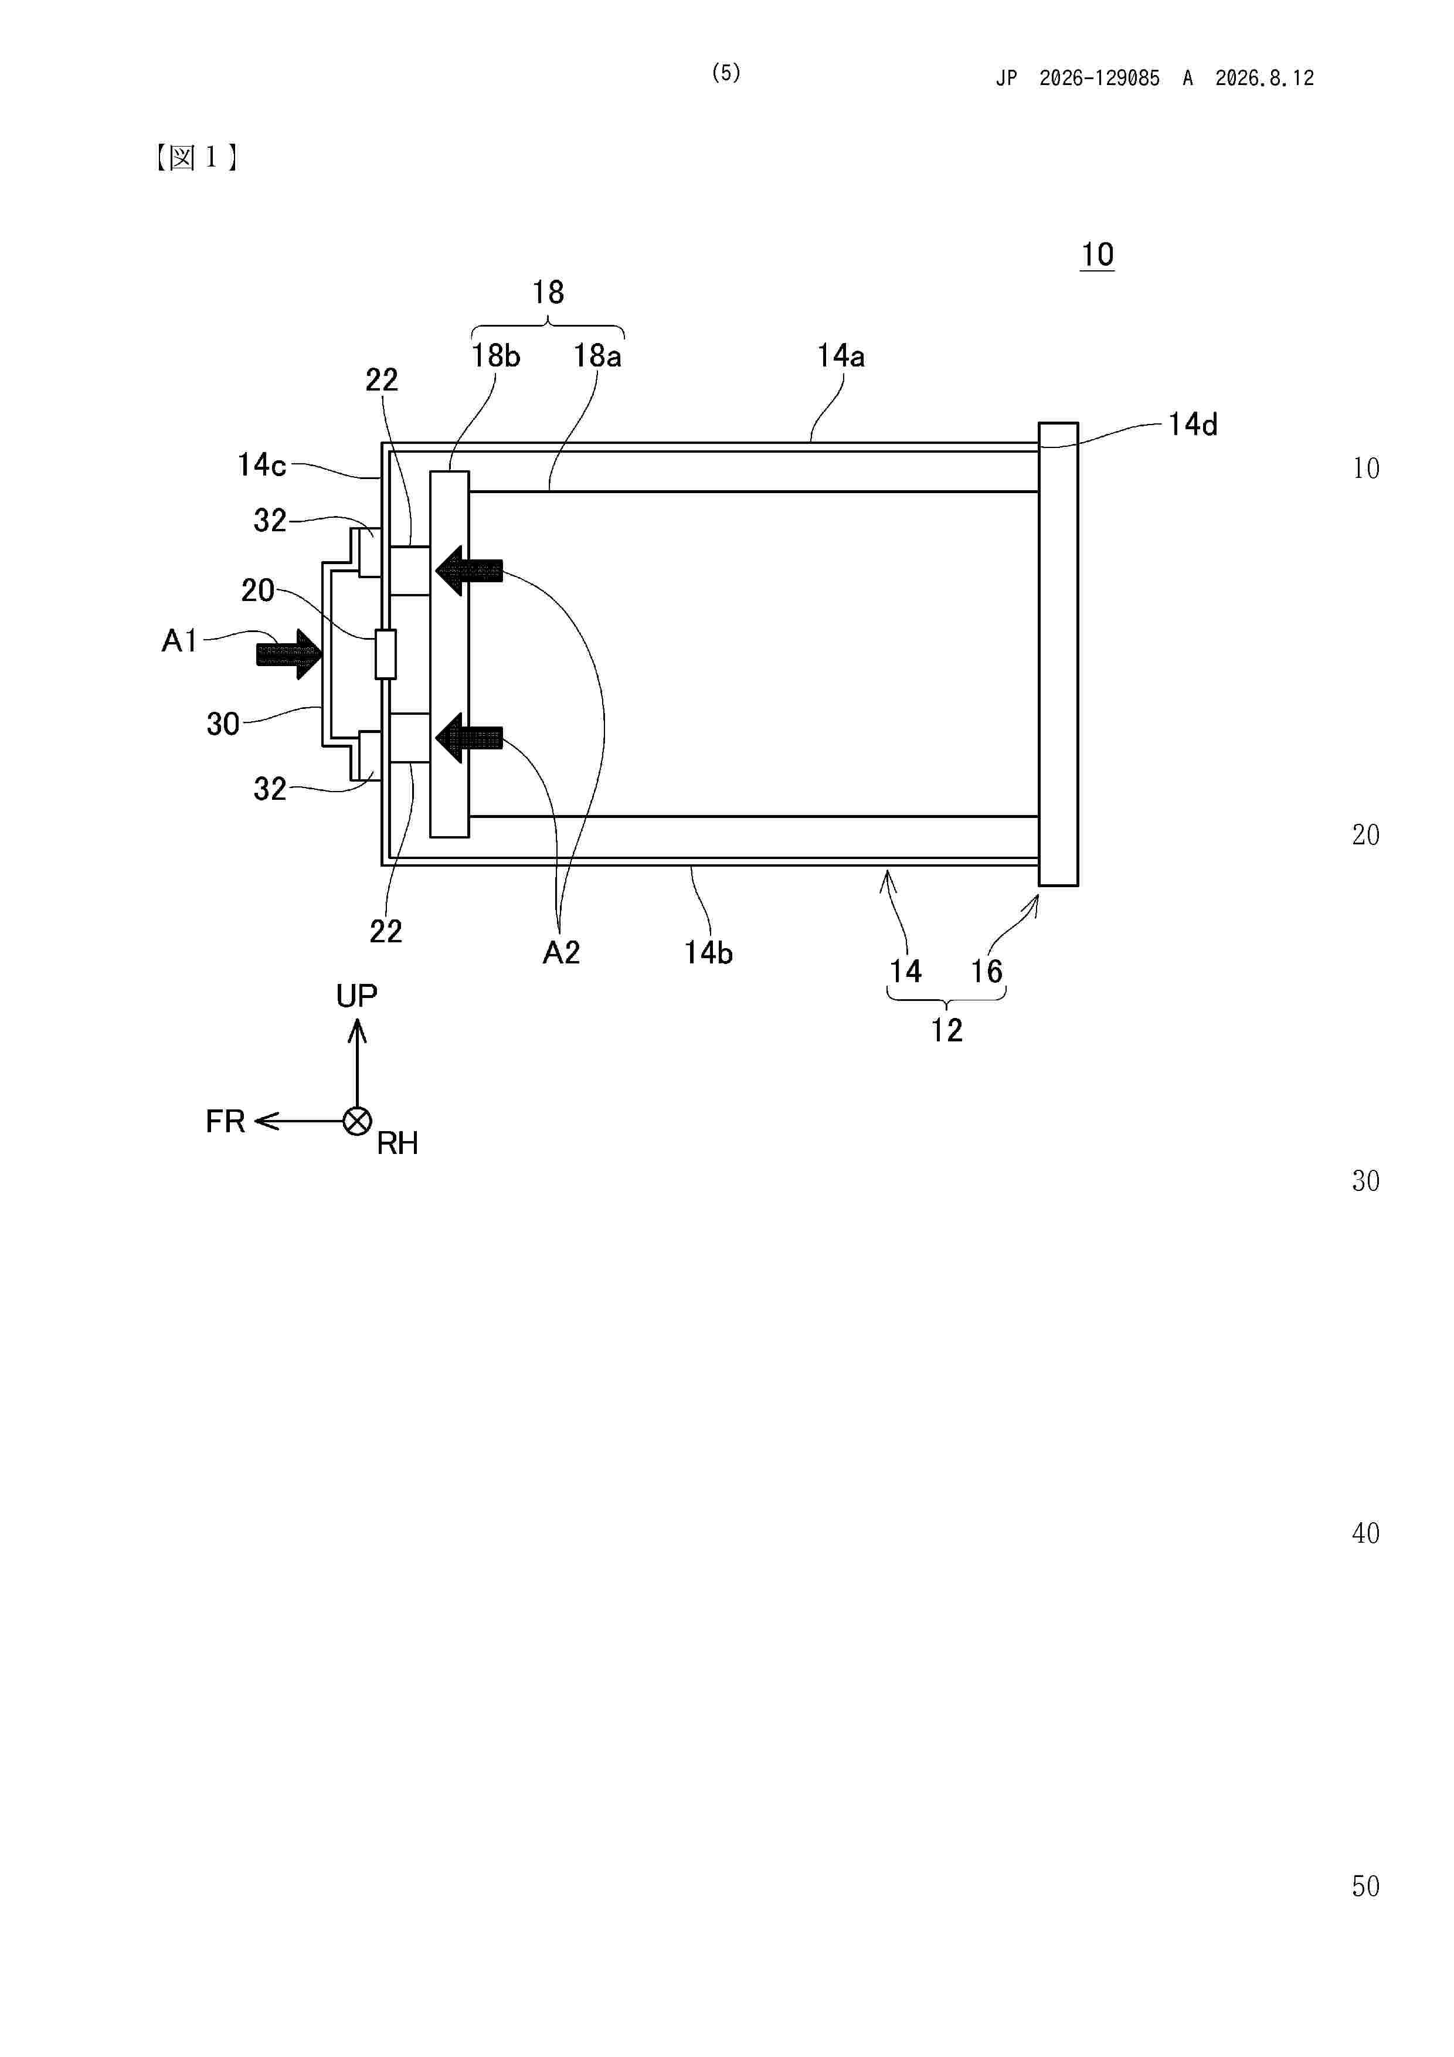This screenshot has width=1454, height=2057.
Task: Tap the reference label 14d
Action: [x=1193, y=425]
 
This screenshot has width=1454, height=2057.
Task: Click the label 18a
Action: [x=597, y=357]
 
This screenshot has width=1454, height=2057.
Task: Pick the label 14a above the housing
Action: [x=840, y=357]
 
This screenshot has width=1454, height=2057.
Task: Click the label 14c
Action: [x=261, y=465]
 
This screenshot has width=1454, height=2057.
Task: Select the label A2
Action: [x=562, y=952]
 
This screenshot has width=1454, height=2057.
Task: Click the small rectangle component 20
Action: [x=385, y=654]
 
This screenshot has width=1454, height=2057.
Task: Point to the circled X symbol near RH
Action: [x=358, y=1121]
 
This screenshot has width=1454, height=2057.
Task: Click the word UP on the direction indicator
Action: [x=356, y=995]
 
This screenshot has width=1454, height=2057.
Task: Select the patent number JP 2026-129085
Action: [x=1078, y=79]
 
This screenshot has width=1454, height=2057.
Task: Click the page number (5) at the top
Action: [x=726, y=73]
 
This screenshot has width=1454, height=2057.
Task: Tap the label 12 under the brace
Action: [x=946, y=1030]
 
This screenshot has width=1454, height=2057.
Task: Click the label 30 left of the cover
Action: [x=223, y=724]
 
